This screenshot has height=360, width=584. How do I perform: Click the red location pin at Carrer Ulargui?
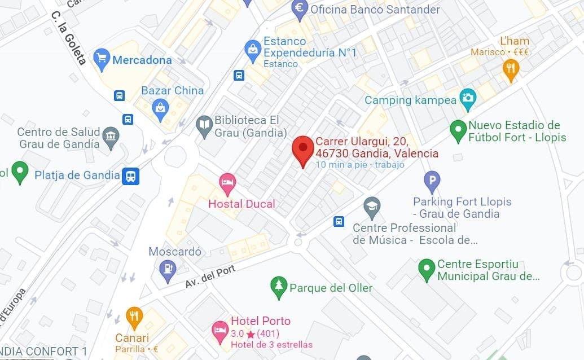303,148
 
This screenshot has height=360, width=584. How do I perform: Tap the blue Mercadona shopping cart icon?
102,59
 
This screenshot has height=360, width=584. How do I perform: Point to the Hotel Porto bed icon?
219,330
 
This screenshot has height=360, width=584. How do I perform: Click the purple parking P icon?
432,182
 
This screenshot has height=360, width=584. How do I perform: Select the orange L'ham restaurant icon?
511,69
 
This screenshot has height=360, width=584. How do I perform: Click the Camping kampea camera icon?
467,99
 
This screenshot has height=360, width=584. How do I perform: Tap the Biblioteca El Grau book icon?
204,126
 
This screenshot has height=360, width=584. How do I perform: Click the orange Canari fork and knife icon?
134,317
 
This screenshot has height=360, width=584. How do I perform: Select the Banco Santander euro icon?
299,8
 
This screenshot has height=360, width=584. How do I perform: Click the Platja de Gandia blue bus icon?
131,176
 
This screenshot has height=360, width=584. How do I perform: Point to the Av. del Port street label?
210,277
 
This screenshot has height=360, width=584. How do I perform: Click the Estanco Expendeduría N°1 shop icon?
252,50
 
